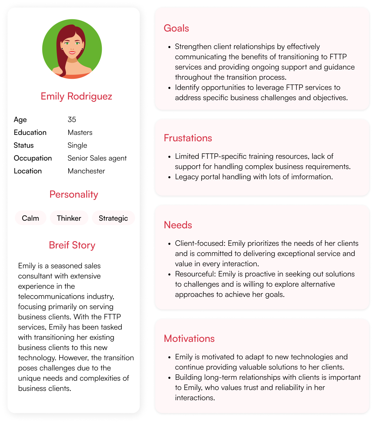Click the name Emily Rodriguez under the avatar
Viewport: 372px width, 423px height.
pyautogui.click(x=76, y=96)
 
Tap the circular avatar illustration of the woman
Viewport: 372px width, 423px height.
pyautogui.click(x=72, y=49)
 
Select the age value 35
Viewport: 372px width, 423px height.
pyautogui.click(x=72, y=120)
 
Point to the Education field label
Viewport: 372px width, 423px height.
pyautogui.click(x=30, y=133)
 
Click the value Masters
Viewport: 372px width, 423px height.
pyautogui.click(x=80, y=133)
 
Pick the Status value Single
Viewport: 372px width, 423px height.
pyautogui.click(x=77, y=145)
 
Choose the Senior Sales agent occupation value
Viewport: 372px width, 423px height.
pyautogui.click(x=97, y=158)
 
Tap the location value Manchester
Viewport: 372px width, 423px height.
pyautogui.click(x=86, y=171)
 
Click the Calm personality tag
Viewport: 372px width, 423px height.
pyautogui.click(x=30, y=218)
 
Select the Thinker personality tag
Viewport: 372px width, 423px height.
pyautogui.click(x=69, y=218)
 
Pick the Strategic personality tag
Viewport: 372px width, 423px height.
pyautogui.click(x=113, y=218)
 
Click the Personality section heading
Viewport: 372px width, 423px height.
pyautogui.click(x=74, y=194)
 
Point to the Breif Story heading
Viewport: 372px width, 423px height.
pyautogui.click(x=72, y=245)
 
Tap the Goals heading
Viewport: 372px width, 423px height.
pyautogui.click(x=176, y=28)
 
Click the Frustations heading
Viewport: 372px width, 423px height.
pyautogui.click(x=188, y=138)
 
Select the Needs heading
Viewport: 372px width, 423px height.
pyautogui.click(x=178, y=225)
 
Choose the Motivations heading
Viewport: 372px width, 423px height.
pyautogui.click(x=189, y=339)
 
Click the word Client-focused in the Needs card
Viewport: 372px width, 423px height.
pyautogui.click(x=200, y=243)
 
